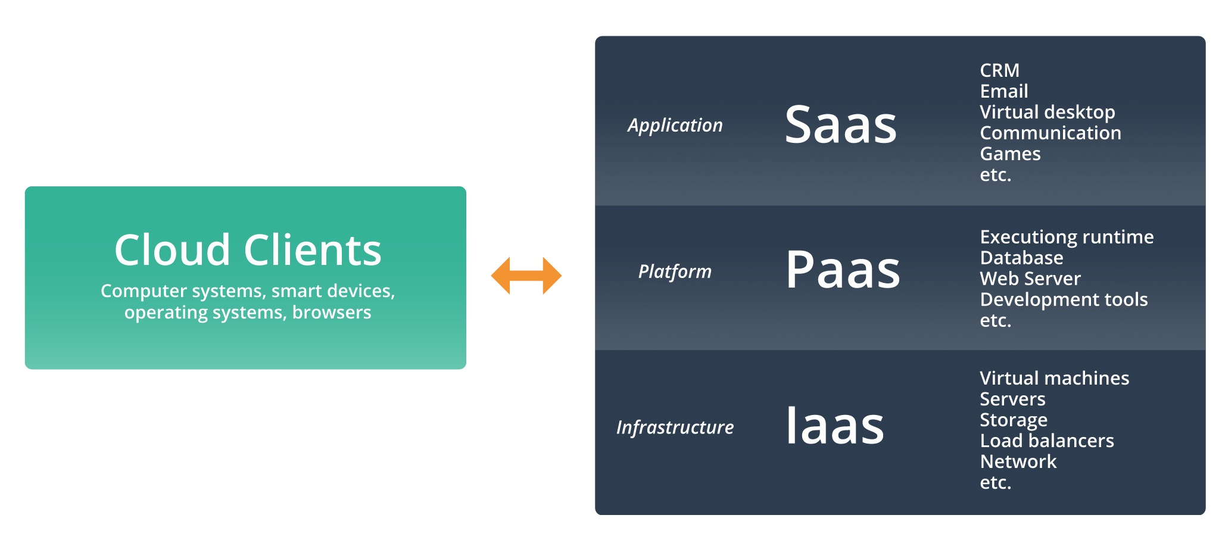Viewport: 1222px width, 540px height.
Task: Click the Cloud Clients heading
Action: coord(248,249)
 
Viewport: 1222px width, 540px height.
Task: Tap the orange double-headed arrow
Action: coord(526,276)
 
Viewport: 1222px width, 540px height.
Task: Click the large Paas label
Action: coord(843,269)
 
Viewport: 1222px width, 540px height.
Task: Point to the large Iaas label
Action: coord(835,425)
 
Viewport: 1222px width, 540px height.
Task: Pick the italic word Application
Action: coord(675,126)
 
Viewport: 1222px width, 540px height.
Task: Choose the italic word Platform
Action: coord(675,271)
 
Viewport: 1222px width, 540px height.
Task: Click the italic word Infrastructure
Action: coord(675,427)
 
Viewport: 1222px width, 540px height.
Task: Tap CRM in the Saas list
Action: coord(1000,70)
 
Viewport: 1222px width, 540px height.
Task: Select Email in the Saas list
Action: coord(1004,91)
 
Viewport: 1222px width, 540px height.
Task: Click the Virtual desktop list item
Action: coord(1048,113)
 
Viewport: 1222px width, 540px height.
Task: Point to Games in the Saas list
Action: coord(1011,154)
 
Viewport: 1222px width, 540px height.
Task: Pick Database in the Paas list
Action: coord(1022,258)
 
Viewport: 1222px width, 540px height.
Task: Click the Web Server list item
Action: coord(1030,279)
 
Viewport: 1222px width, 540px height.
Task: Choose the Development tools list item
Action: coord(1064,300)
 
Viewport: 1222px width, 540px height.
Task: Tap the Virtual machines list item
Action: coord(1055,378)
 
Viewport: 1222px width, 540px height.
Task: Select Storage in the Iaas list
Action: coord(1014,420)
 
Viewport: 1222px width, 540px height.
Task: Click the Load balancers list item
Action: coord(1047,441)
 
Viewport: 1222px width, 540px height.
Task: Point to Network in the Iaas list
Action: coord(1018,461)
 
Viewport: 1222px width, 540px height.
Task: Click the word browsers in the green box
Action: coord(332,313)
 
